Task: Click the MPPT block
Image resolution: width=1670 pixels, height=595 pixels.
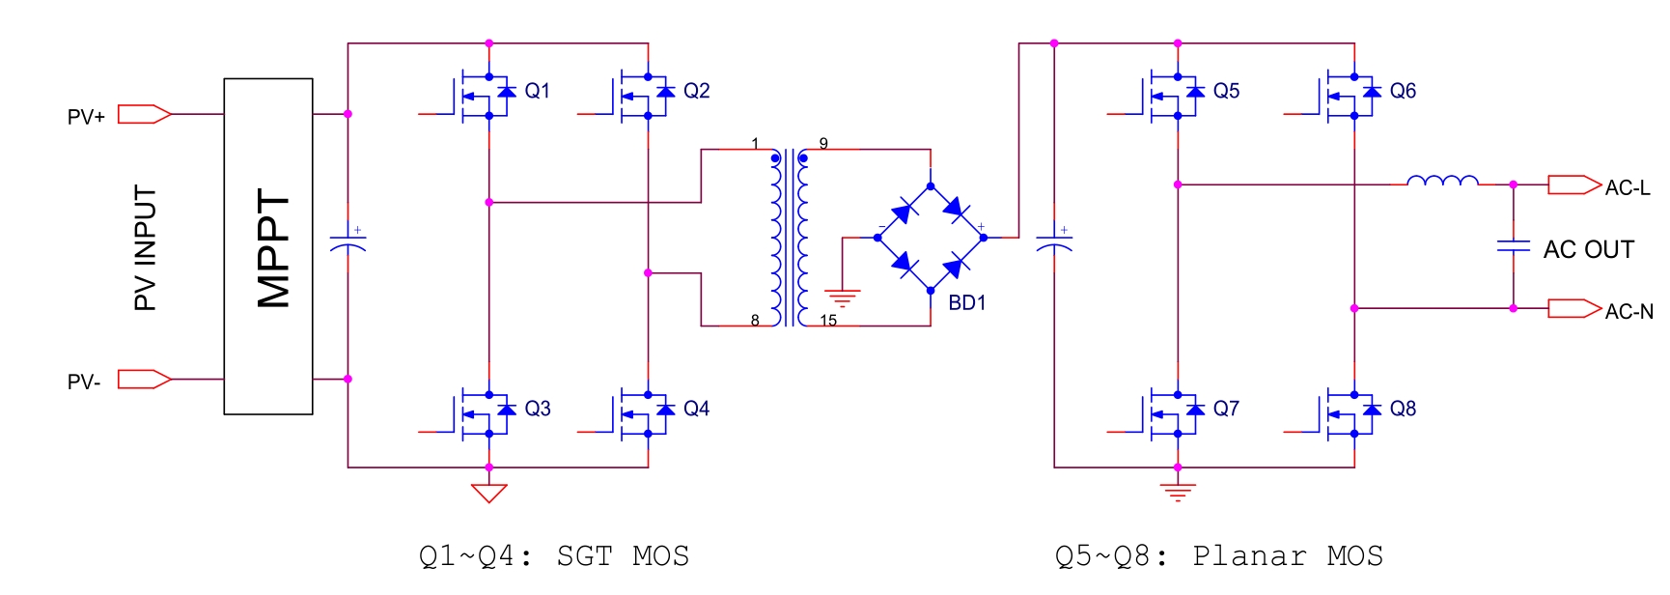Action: click(268, 246)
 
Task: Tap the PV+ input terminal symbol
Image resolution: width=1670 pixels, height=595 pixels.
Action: click(144, 114)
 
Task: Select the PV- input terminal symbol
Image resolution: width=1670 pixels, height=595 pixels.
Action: click(144, 379)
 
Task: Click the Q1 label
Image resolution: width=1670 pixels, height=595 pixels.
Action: click(537, 91)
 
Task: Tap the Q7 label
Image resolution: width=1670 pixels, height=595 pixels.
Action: click(1226, 409)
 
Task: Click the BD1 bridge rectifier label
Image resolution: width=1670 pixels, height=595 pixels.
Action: click(966, 302)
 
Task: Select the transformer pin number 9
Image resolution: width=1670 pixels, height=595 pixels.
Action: click(823, 143)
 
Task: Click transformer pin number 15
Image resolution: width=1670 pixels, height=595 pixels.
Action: click(828, 320)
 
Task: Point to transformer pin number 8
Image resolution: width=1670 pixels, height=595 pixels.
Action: click(755, 320)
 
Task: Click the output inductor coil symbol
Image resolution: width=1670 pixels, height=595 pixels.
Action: click(1442, 181)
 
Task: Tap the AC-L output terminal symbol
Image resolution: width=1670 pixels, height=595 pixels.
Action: click(1573, 184)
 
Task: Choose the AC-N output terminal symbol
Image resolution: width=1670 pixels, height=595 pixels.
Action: click(1573, 308)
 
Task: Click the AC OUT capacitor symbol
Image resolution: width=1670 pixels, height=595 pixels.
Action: click(1513, 246)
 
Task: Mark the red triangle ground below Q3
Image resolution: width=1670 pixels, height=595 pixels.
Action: click(488, 493)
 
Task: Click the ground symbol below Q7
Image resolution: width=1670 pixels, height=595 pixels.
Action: click(1178, 492)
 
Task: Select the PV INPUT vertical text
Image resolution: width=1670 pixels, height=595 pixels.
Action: click(145, 247)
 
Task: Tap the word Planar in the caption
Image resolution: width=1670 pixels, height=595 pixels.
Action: click(1249, 556)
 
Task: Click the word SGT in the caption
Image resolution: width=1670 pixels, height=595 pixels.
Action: click(584, 556)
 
